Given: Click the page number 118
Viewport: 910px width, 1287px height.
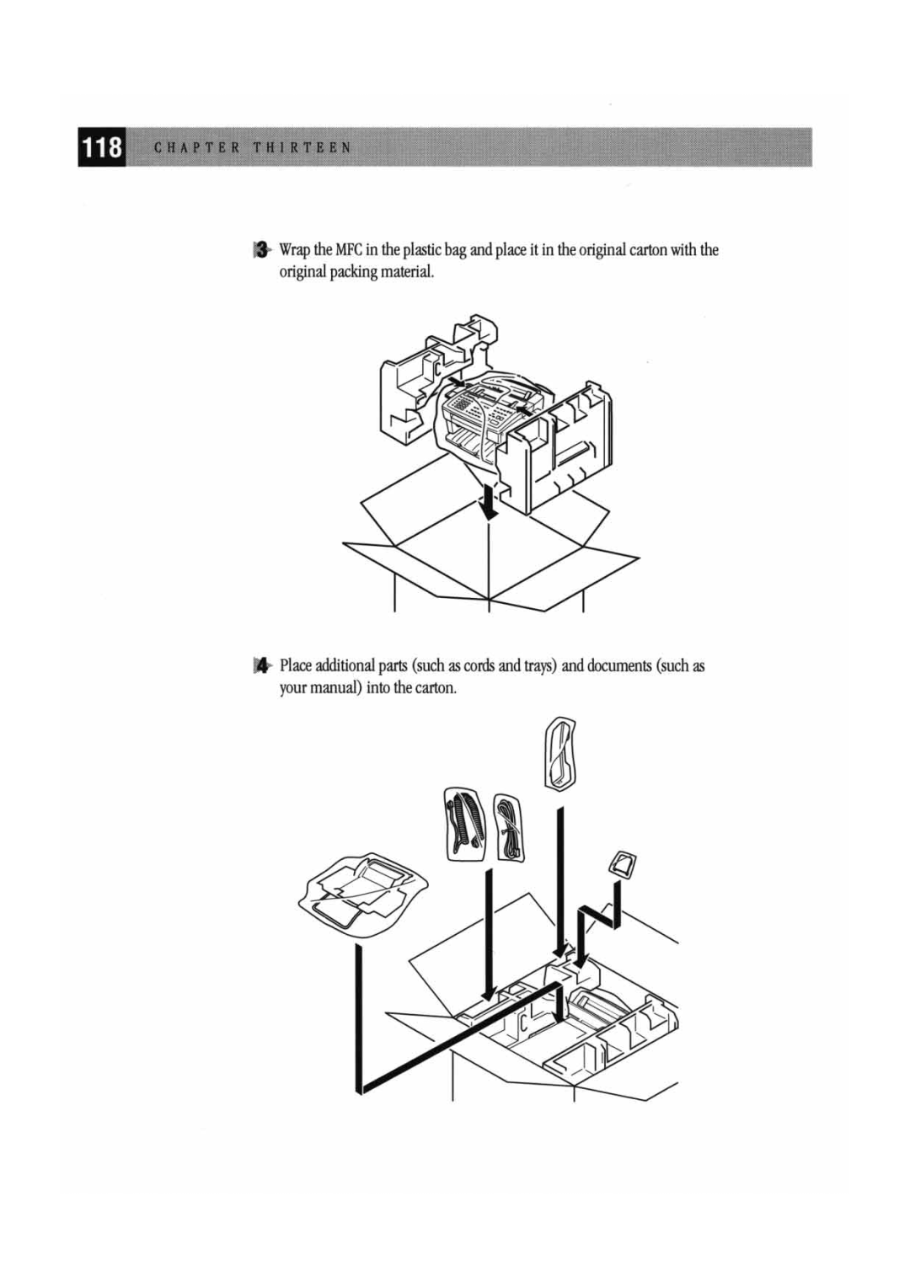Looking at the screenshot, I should click(101, 147).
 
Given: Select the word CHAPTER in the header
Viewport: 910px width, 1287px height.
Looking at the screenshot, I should click(197, 147).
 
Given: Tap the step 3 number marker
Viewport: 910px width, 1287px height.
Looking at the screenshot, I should click(261, 249).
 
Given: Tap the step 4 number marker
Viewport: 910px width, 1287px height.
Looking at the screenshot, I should click(261, 665).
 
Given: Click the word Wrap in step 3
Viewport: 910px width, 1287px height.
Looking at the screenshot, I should click(295, 249).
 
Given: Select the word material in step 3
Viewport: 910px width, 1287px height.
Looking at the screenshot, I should click(406, 272).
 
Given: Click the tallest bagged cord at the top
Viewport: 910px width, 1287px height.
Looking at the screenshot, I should click(560, 754).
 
